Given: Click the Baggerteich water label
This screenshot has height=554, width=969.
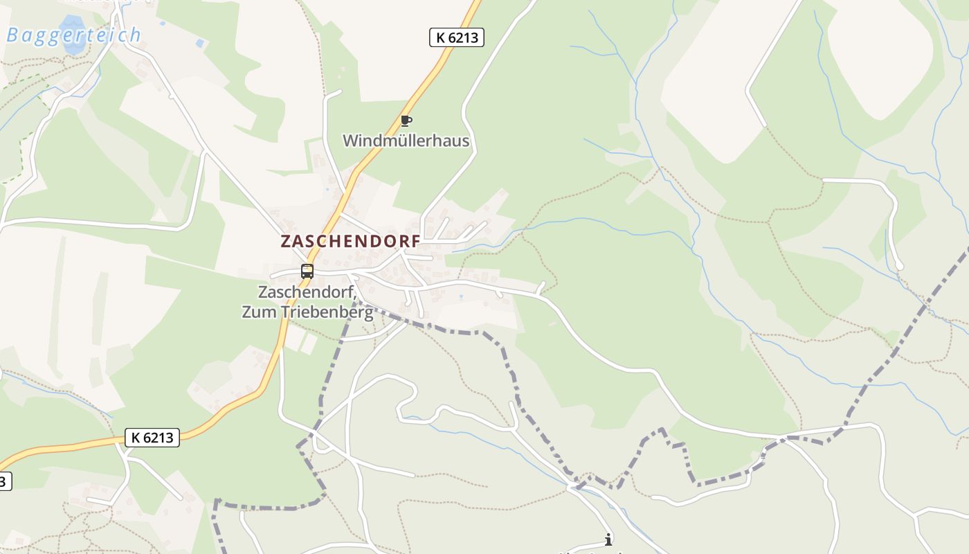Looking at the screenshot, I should [x=73, y=35].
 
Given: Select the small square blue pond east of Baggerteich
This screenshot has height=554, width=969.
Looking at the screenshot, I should [x=200, y=43].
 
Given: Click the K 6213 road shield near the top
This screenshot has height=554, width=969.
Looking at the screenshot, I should [x=457, y=37].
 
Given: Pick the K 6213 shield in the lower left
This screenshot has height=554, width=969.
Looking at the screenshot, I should [x=152, y=437].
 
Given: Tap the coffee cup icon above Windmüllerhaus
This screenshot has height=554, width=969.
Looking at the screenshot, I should [x=406, y=121].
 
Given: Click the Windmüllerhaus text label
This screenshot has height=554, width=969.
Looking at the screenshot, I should [x=406, y=141].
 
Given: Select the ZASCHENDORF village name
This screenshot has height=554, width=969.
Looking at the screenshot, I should [x=350, y=242].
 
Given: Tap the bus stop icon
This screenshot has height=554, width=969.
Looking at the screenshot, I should [x=307, y=271].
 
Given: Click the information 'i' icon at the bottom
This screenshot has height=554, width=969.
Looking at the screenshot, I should [x=608, y=539].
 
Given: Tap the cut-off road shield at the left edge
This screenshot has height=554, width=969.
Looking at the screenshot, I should [x=4, y=481].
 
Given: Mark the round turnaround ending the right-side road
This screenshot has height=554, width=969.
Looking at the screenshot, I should [x=899, y=266].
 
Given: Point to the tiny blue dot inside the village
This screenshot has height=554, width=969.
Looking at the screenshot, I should [x=461, y=297].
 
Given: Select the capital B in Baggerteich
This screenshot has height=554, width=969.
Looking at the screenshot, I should [x=12, y=35].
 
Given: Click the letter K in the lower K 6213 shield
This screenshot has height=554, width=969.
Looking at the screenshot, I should [x=136, y=437].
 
